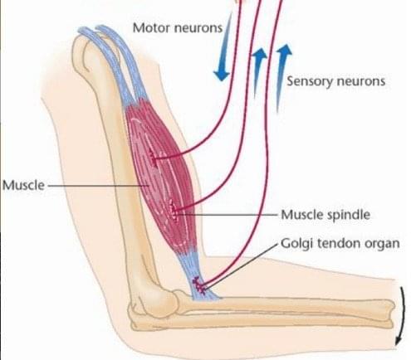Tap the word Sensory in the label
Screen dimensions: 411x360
point(309,81)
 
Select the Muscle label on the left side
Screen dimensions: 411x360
point(23,185)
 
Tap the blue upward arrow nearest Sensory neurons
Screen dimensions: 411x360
point(281,77)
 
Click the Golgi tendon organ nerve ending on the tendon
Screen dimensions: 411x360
point(199,285)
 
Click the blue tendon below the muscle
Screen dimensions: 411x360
point(200,276)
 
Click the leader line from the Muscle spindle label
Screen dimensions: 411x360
point(228,214)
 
